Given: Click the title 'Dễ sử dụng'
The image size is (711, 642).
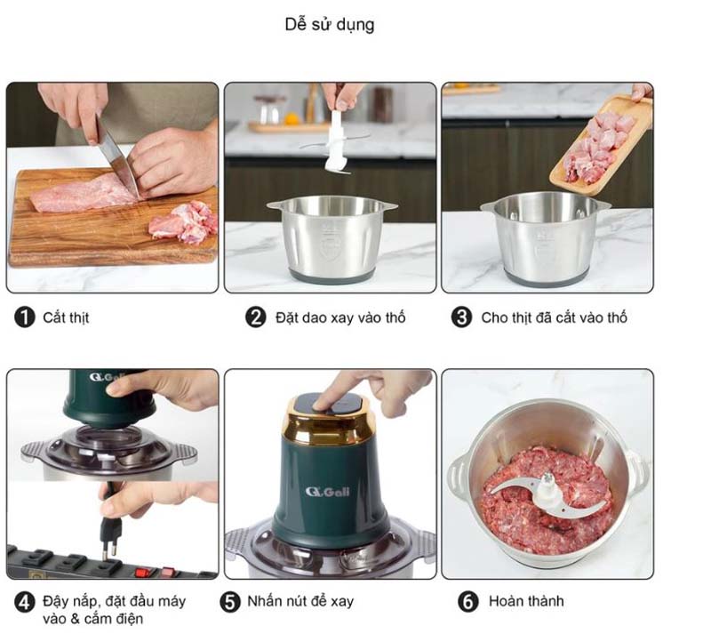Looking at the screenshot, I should [x=329, y=25].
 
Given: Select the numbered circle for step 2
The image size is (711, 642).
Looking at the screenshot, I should [x=256, y=317].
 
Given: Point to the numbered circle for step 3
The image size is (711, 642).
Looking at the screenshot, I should [x=461, y=317].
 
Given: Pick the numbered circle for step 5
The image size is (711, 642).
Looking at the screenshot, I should [x=230, y=602].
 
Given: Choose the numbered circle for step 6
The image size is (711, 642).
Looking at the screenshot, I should [x=468, y=602].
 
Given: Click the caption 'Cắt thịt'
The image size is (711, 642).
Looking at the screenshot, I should [x=66, y=317].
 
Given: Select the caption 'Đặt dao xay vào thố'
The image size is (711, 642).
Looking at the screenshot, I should [x=340, y=317].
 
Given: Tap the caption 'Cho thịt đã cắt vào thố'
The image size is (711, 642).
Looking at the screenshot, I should [x=554, y=317].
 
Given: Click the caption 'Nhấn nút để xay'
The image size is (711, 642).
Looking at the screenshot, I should [x=300, y=602].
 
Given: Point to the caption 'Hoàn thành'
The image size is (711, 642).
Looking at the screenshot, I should [x=525, y=602].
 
